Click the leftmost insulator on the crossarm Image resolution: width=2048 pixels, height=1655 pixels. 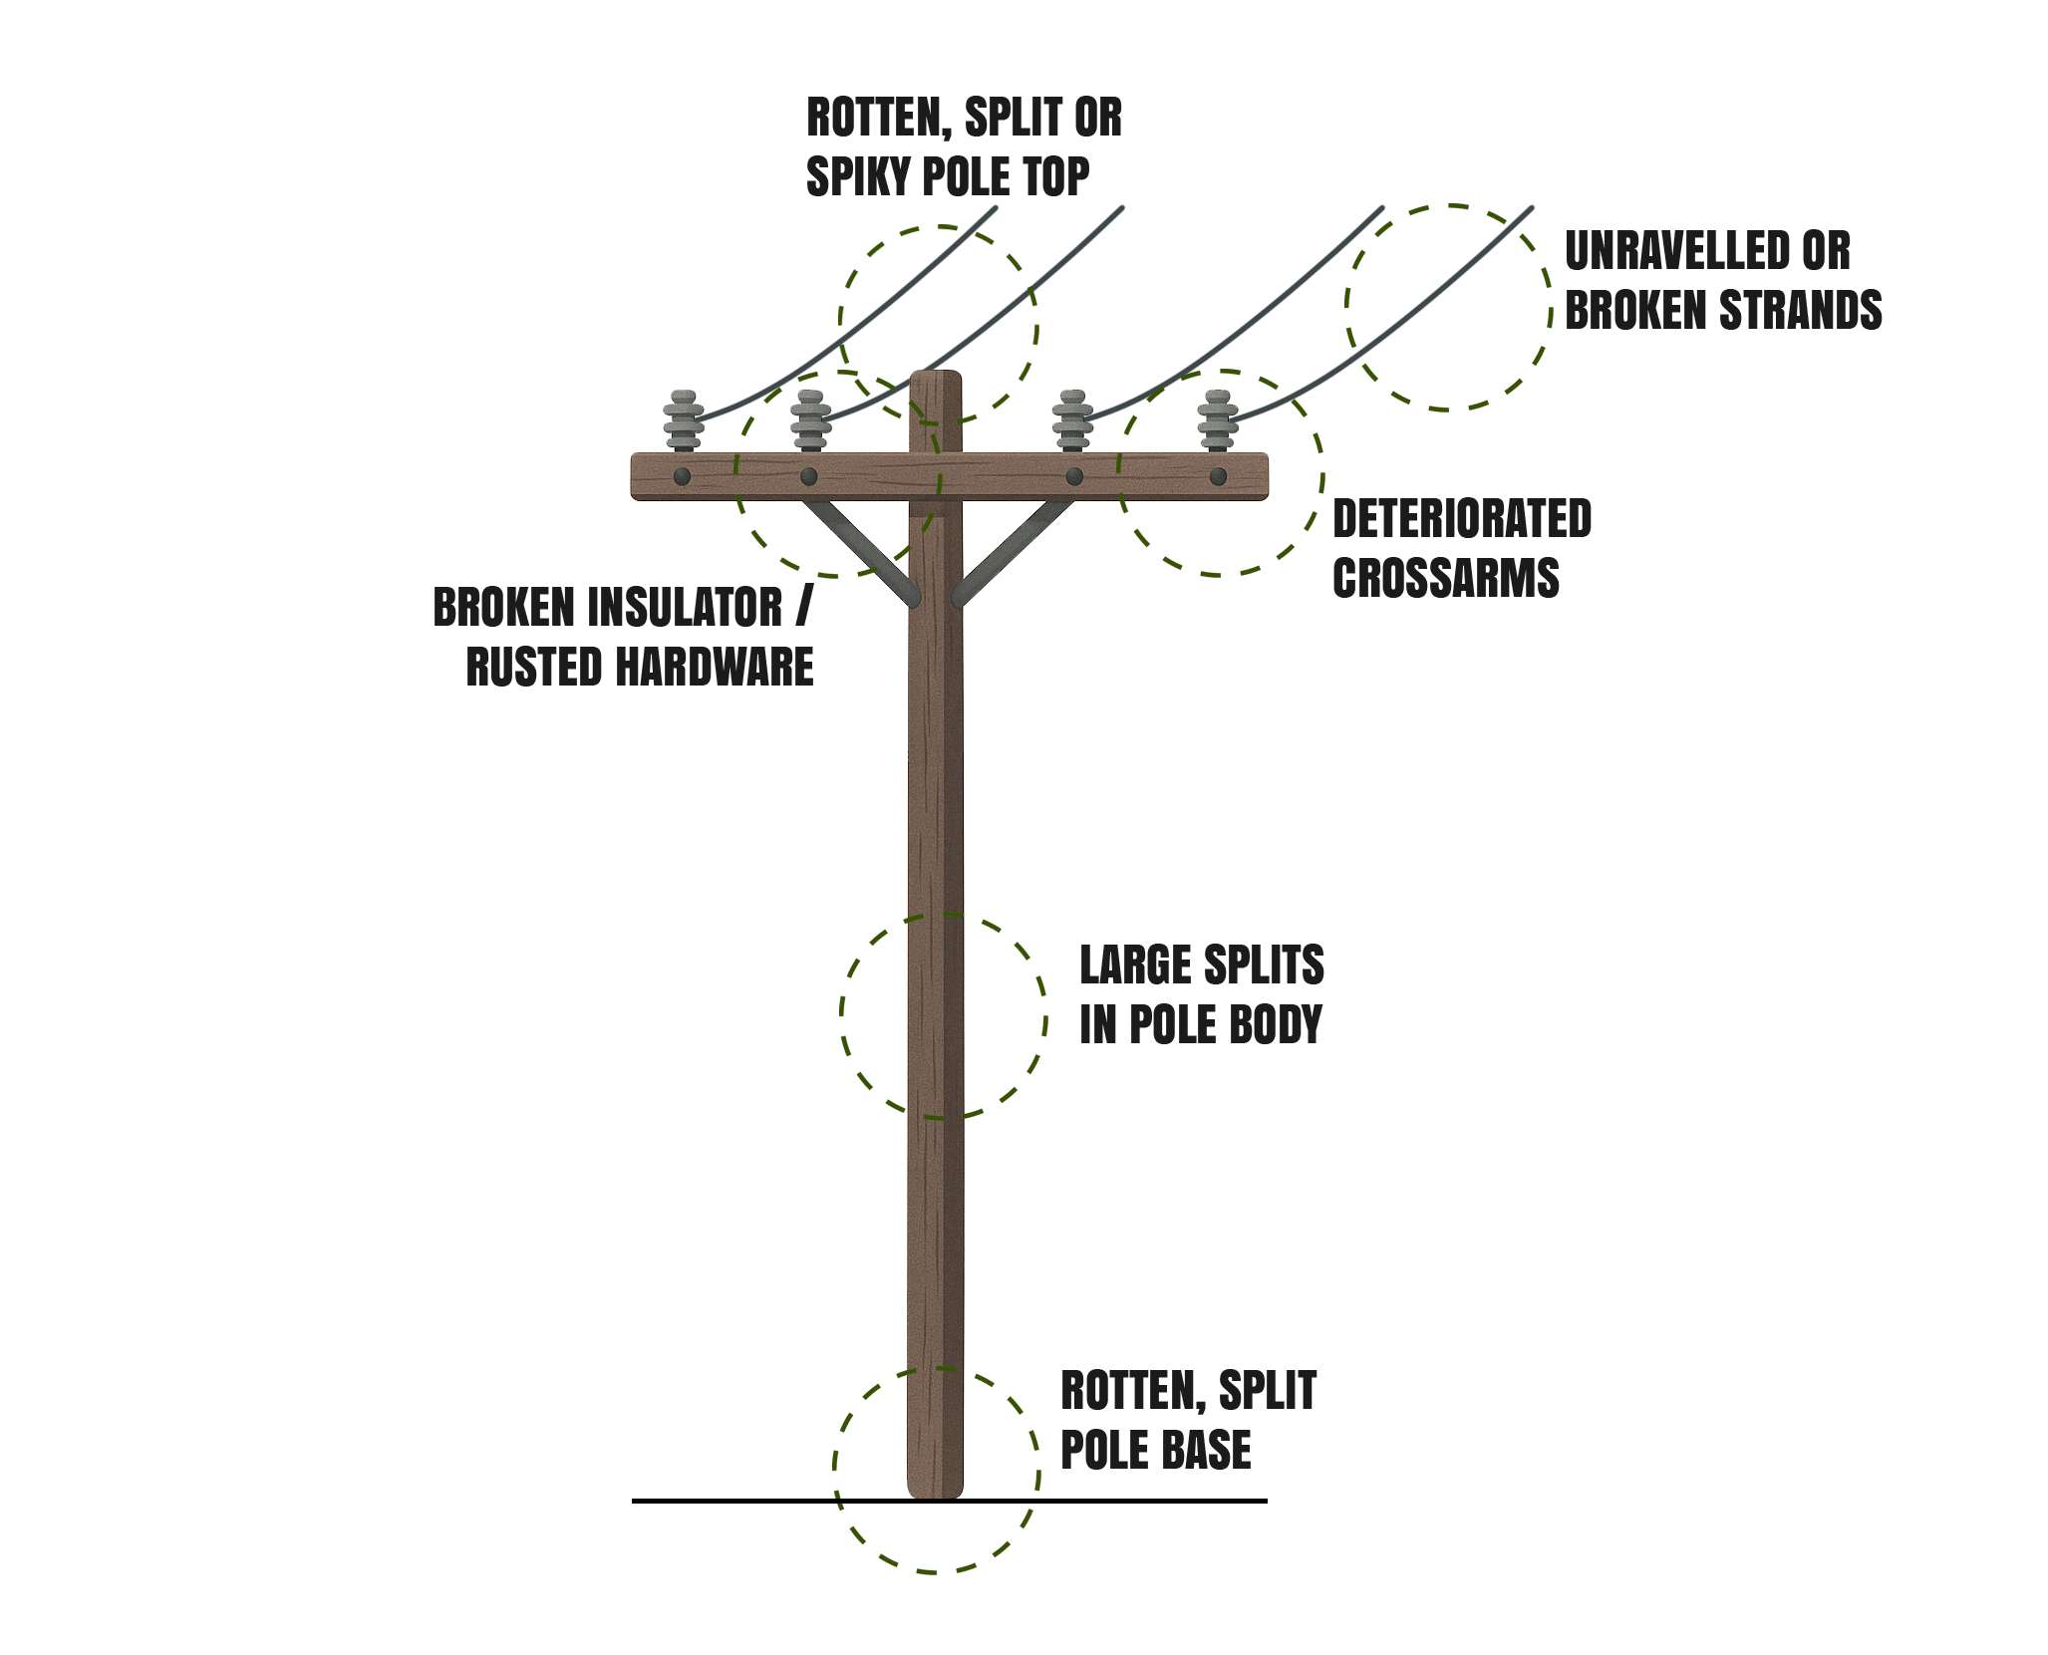pyautogui.click(x=683, y=422)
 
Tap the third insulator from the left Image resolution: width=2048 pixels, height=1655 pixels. pyautogui.click(x=1072, y=422)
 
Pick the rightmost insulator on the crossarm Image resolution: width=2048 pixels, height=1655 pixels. pyautogui.click(x=1218, y=422)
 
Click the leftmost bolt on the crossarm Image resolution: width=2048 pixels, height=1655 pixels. pyautogui.click(x=683, y=476)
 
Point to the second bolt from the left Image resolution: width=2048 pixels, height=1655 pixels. pyautogui.click(x=809, y=476)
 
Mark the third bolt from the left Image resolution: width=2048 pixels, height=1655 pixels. pyautogui.click(x=1074, y=476)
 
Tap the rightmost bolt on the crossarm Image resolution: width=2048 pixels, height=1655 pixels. pyautogui.click(x=1218, y=476)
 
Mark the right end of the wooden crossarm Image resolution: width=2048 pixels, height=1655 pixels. pyautogui.click(x=1262, y=476)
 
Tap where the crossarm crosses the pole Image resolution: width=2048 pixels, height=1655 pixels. pyautogui.click(x=936, y=476)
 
